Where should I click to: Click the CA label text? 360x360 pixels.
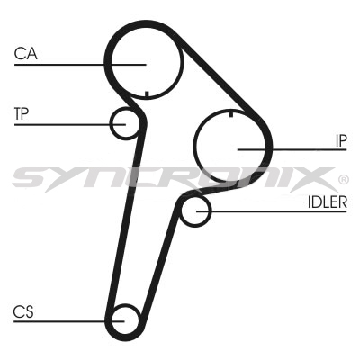click(x=26, y=53)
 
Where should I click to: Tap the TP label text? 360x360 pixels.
click(x=22, y=113)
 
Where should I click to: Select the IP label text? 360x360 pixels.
click(x=341, y=140)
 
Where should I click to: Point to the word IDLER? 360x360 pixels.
click(x=328, y=202)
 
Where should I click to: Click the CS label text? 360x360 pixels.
click(x=23, y=311)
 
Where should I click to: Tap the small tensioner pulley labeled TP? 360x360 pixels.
click(x=112, y=123)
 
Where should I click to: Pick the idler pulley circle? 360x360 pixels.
click(x=182, y=211)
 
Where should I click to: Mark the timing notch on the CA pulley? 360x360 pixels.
click(x=147, y=94)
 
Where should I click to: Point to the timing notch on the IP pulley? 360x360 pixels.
click(x=231, y=114)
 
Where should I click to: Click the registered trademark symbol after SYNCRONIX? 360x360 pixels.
click(x=343, y=180)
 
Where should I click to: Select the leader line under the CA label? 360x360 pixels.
click(x=80, y=65)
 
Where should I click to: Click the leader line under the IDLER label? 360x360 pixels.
click(x=272, y=211)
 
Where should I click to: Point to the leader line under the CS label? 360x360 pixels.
click(x=69, y=321)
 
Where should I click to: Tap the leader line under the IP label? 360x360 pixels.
click(x=292, y=149)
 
